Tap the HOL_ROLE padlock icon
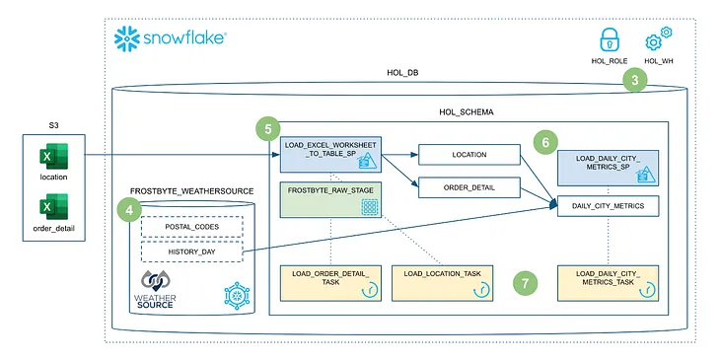pyautogui.click(x=612, y=41)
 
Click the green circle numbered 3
pyautogui.click(x=638, y=82)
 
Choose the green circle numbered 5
pyautogui.click(x=266, y=129)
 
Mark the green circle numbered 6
pyautogui.click(x=544, y=142)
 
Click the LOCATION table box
pyautogui.click(x=468, y=155)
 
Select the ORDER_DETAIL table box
pyautogui.click(x=468, y=186)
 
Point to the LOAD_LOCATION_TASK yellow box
pyautogui.click(x=443, y=281)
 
